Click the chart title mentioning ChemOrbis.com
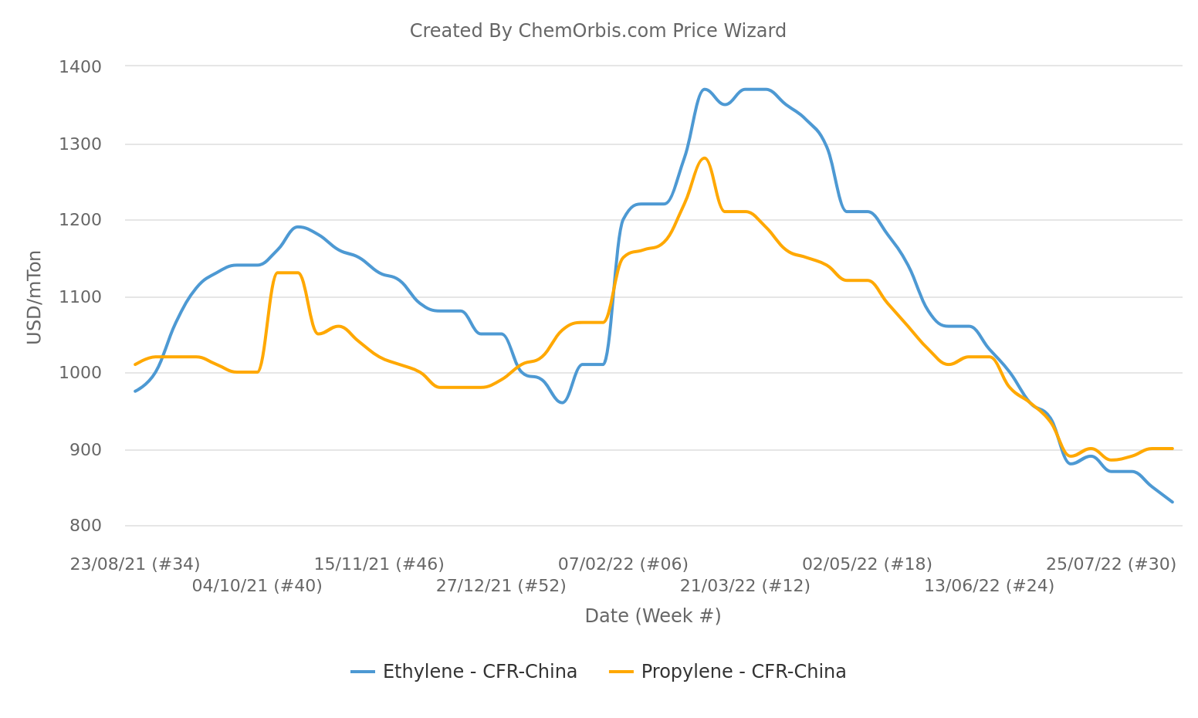coord(597,31)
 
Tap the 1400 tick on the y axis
coord(80,67)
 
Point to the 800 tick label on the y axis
coord(85,526)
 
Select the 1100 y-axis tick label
coord(80,297)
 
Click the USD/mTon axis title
coord(34,297)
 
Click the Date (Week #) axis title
coord(652,616)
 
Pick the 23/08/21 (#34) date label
coord(135,564)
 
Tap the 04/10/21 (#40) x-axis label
coord(257,586)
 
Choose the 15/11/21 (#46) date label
coord(379,564)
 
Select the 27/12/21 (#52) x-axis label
coord(501,586)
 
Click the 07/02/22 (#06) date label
coord(623,564)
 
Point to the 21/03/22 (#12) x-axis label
coord(745,586)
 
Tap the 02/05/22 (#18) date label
coord(867,564)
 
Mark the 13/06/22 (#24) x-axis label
coord(989,586)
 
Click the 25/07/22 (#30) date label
coord(1111,564)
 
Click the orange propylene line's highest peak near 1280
coord(704,158)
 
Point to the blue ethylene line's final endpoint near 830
coord(1172,502)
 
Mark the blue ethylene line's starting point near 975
coord(136,391)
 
